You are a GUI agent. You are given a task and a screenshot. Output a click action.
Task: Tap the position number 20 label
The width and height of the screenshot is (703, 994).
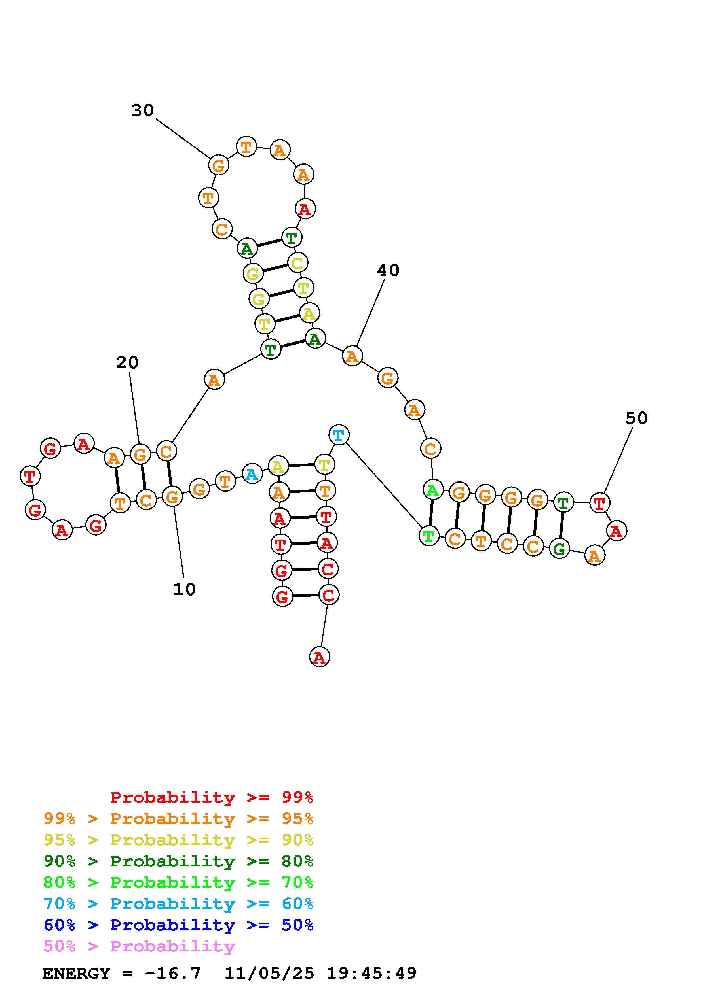(127, 362)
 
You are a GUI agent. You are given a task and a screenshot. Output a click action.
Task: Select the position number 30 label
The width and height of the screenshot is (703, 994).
(143, 111)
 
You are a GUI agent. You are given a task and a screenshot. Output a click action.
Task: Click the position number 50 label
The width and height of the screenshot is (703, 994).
(636, 418)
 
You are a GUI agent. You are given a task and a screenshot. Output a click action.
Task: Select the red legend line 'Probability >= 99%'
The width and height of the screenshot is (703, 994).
(212, 797)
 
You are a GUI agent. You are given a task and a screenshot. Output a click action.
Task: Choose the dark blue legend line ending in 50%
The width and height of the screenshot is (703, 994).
(178, 925)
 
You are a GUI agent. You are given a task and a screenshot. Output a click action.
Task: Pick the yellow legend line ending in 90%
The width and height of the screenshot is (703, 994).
(178, 840)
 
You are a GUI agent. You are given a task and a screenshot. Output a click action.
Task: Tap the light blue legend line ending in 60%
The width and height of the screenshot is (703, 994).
(178, 904)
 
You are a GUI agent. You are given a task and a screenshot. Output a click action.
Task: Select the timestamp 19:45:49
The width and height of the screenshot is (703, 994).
(371, 974)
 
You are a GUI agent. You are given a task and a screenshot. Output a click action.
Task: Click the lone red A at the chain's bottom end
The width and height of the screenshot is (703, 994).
(320, 657)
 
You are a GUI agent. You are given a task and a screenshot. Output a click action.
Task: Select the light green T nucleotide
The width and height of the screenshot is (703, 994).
(429, 536)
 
